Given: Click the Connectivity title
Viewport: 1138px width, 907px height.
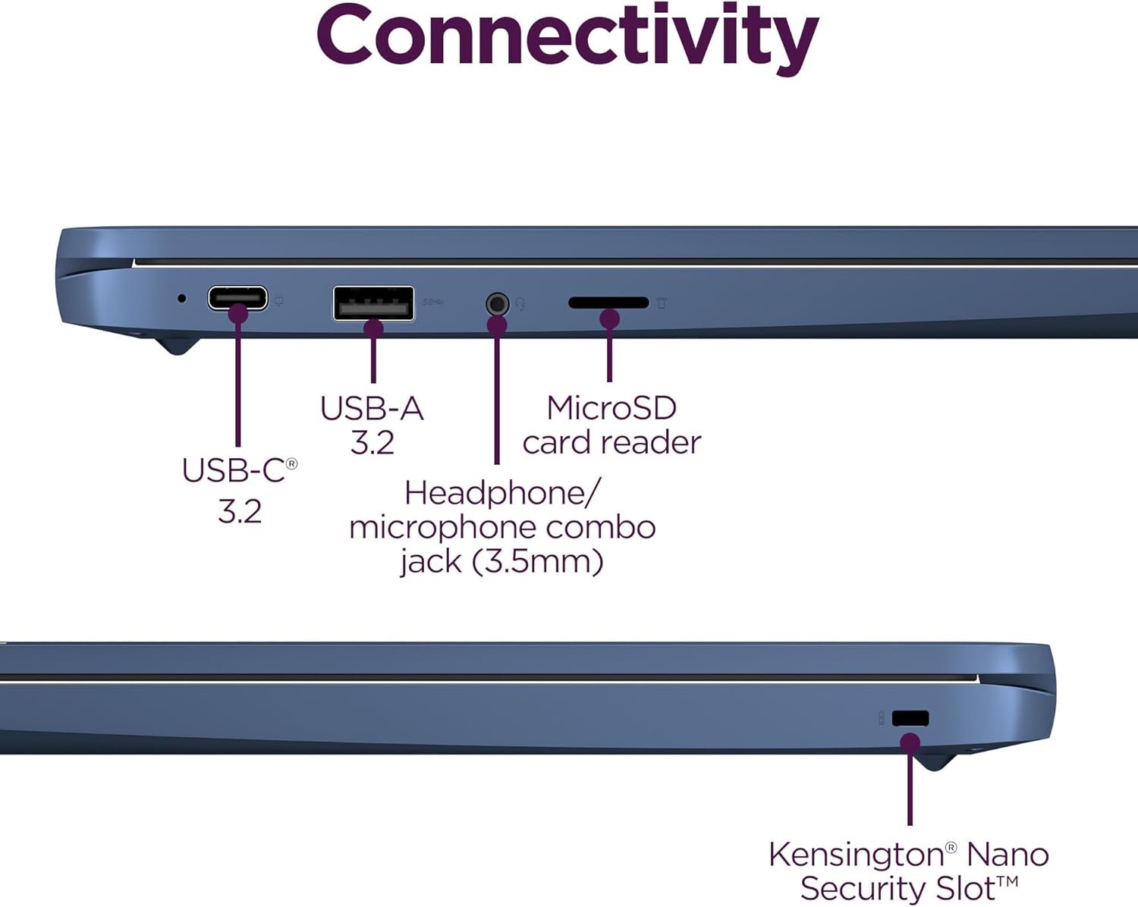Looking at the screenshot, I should coord(567,36).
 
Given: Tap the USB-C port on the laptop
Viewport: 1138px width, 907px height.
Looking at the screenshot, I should coord(237,297).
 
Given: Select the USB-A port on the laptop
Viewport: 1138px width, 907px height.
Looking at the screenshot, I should coord(373,303).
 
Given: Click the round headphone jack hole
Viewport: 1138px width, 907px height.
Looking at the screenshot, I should coord(497,304).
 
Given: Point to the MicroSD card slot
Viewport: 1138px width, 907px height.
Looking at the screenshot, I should coord(608,303).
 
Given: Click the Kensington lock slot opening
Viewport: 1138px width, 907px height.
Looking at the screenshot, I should coord(910,718).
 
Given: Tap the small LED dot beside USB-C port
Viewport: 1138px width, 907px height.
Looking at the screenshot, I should coord(181,298).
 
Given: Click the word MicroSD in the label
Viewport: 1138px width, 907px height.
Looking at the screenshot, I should coord(611,408).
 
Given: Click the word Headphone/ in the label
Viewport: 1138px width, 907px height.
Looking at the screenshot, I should coord(502,493).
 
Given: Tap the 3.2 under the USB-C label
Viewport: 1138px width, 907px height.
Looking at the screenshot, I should coord(240,512).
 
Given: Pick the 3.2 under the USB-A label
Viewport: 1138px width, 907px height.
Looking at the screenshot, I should coord(372,442).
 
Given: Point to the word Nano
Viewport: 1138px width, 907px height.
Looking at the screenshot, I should coord(1008,855).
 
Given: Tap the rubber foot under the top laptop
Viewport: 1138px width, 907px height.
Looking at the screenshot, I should coord(178,345).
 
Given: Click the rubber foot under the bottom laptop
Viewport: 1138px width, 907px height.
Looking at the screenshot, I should coord(938,761).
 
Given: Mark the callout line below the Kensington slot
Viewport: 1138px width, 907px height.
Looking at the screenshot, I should coord(910,789).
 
